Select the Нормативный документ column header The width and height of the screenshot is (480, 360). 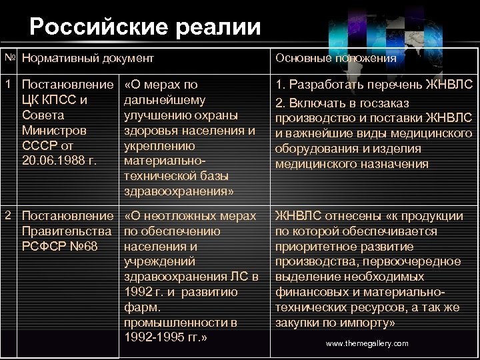(x=88, y=58)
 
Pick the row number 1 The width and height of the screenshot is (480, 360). (x=6, y=85)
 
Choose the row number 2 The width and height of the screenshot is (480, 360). (x=6, y=215)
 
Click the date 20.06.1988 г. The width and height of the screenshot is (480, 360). (x=59, y=160)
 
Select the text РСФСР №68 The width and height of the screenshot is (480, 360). (x=60, y=247)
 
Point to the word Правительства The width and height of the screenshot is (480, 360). (x=66, y=231)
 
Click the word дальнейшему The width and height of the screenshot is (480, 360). (x=165, y=100)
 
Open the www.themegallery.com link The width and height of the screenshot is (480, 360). (x=367, y=343)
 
